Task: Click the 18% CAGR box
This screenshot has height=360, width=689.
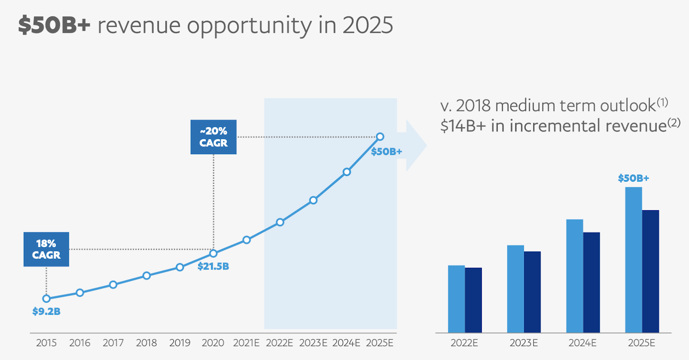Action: pos(46,249)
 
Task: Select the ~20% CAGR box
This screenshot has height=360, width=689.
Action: pos(214,137)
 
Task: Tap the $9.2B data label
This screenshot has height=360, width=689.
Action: pos(46,311)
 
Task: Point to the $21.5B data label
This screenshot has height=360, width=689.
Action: pos(213,267)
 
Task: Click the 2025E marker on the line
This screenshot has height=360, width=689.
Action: pos(380,137)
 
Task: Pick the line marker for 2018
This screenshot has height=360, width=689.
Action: pos(146,276)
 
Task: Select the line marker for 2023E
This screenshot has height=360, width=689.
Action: pos(313,200)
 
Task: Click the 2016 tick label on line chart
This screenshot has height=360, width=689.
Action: pos(80,343)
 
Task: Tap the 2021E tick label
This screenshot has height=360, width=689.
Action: pos(246,343)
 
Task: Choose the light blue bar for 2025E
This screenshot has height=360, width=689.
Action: pos(633,260)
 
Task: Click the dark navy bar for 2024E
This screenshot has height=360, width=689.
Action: pos(592,282)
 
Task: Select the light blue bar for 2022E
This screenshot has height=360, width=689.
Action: pos(456,299)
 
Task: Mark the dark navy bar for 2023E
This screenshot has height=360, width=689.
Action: pos(532,292)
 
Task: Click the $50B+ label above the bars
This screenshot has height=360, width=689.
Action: pos(633,178)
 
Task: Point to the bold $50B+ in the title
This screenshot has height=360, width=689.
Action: pos(54,25)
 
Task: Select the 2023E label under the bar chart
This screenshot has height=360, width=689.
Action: pos(524,343)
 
